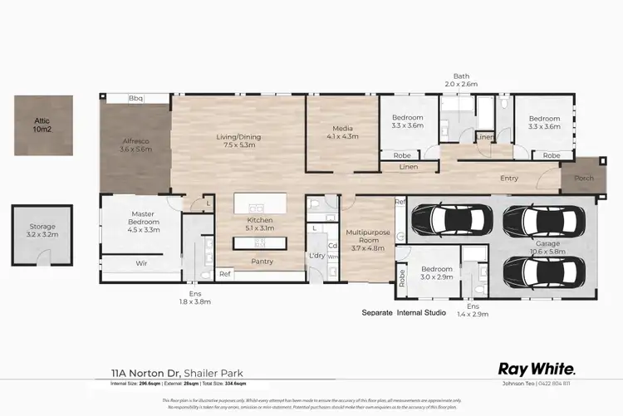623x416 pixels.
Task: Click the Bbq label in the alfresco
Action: click(136, 98)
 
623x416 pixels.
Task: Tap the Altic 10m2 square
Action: click(42, 125)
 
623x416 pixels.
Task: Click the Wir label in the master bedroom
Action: click(142, 263)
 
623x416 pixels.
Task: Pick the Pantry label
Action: click(263, 262)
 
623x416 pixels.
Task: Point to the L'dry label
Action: click(316, 255)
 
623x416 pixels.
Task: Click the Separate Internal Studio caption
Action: click(404, 313)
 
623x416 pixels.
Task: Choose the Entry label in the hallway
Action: click(510, 179)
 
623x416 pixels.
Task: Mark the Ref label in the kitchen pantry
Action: click(224, 274)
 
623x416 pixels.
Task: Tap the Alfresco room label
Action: click(135, 142)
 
